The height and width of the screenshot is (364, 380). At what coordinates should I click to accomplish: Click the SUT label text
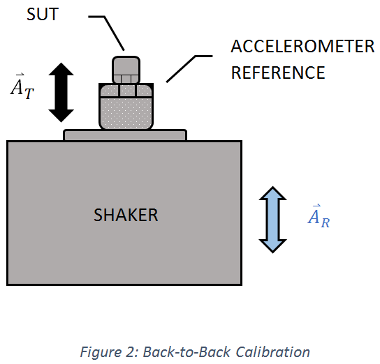[43, 14]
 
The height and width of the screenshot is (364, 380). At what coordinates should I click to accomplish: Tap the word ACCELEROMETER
[302, 46]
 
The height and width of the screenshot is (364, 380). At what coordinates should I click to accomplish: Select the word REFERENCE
[278, 73]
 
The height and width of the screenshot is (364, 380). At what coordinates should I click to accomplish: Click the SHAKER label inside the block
[126, 215]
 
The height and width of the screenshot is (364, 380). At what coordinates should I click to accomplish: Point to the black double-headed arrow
[61, 92]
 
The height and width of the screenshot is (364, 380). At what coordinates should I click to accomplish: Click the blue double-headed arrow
[273, 220]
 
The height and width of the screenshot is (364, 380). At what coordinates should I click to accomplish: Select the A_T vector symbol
[22, 86]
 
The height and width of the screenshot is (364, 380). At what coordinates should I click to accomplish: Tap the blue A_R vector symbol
[319, 216]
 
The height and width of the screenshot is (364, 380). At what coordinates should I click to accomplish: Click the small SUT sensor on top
[126, 70]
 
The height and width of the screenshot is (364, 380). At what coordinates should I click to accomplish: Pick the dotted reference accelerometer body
[126, 107]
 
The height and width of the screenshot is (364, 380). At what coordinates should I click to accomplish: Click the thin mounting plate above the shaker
[125, 135]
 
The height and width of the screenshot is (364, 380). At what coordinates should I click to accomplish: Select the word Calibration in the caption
[272, 351]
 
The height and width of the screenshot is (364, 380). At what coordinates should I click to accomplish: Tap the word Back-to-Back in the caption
[187, 351]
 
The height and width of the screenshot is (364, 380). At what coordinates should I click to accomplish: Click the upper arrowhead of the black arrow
[61, 69]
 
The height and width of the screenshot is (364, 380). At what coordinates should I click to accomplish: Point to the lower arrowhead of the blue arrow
[273, 246]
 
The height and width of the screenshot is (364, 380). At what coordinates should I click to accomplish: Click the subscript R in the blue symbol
[326, 223]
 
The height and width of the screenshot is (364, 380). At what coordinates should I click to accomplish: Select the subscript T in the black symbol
[29, 93]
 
